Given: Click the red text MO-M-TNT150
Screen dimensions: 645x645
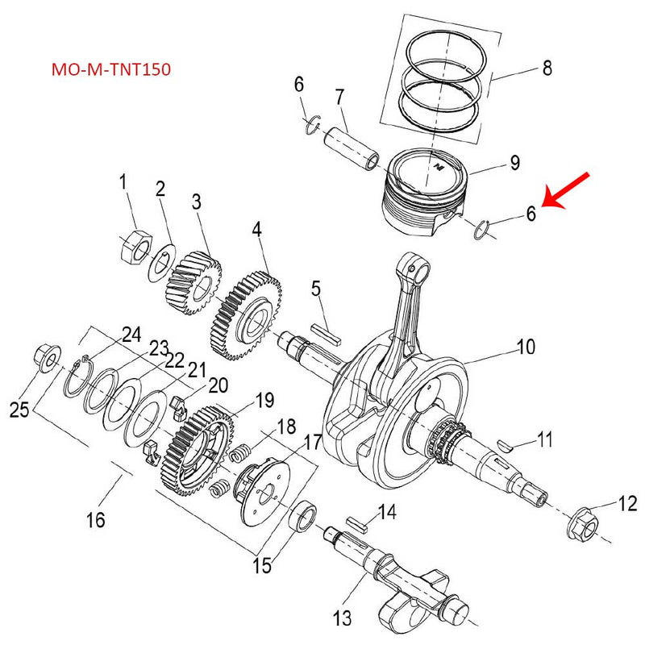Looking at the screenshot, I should coord(110,69).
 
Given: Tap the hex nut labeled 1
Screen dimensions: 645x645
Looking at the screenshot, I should coord(134,245).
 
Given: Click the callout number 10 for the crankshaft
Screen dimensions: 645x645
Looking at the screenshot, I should coord(525,347).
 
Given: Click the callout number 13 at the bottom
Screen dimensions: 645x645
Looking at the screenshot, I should coord(343,619).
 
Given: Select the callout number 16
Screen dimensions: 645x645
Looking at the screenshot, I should coord(96,520).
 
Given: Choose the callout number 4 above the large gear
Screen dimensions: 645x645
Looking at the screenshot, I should coord(256,230).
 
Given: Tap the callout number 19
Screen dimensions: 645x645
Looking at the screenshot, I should coord(264,401).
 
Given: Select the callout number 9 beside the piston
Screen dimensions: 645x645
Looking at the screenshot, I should coord(514,164).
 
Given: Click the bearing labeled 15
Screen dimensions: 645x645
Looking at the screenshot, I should coord(304,516).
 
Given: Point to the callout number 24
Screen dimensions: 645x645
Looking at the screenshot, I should coord(131,334).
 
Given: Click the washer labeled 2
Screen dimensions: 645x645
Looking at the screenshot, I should coord(161,263).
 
